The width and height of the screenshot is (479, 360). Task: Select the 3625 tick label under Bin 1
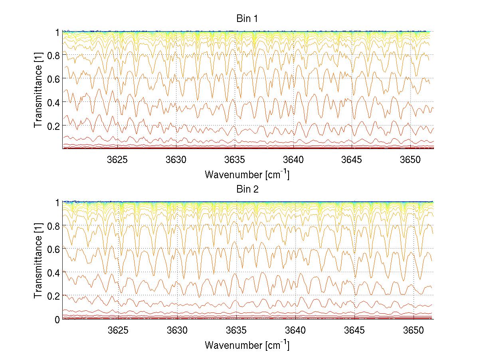118,160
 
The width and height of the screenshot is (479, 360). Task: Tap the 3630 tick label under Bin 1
176,160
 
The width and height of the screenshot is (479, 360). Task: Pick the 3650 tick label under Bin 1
411,160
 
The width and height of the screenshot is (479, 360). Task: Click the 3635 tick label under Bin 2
236,330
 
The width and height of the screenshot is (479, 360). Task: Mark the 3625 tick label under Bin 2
118,330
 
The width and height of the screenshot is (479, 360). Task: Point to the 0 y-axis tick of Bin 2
57,319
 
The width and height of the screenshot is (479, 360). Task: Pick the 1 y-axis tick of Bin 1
57,32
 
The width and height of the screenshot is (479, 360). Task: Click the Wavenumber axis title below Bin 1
247,175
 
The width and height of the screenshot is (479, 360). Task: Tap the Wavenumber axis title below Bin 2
247,345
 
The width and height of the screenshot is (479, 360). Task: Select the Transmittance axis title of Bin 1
38,90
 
